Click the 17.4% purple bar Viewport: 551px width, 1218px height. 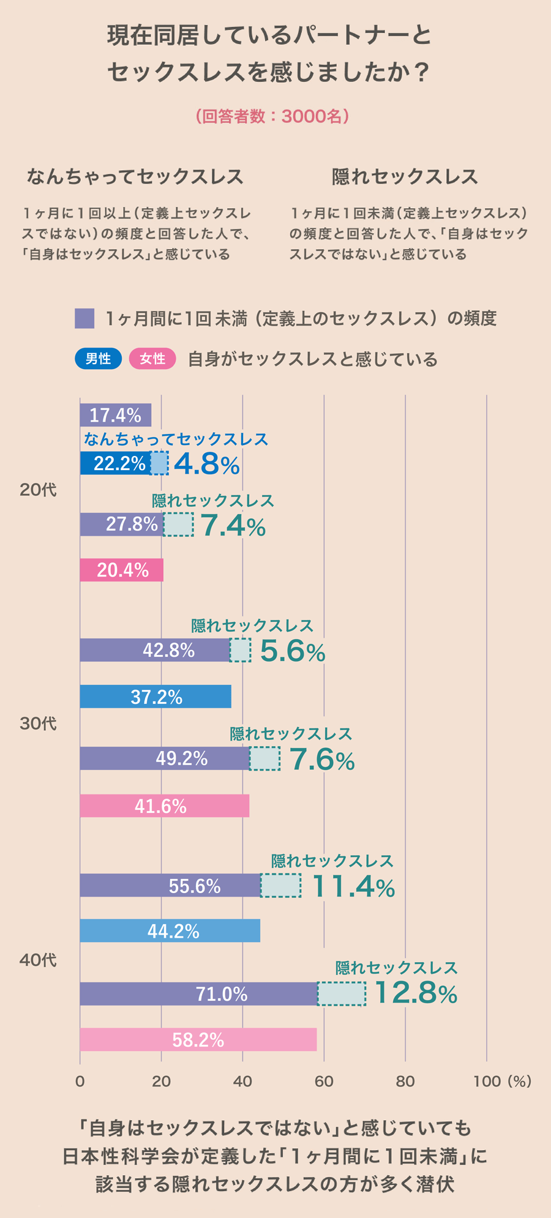115,415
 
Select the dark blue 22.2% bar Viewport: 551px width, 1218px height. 115,463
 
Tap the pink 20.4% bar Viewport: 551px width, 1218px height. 121,570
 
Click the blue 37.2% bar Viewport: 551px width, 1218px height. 156,697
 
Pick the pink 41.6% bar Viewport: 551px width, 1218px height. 164,805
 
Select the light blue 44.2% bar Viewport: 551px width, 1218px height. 170,930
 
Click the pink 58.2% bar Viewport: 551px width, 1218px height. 198,1039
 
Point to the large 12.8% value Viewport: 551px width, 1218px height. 415,993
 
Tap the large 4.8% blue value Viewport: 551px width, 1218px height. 206,464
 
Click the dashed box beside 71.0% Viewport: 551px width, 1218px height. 342,993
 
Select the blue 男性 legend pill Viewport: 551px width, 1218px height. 98,359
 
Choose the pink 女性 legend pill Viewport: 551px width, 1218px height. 152,359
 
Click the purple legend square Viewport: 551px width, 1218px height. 84,318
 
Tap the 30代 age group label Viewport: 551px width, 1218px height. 38,723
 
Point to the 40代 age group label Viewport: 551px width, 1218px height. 38,960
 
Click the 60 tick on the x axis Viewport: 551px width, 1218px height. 324,1082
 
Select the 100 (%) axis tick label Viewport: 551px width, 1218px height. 501,1082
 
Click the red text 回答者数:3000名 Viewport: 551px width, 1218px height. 273,116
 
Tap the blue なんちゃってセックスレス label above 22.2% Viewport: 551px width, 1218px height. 176,439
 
